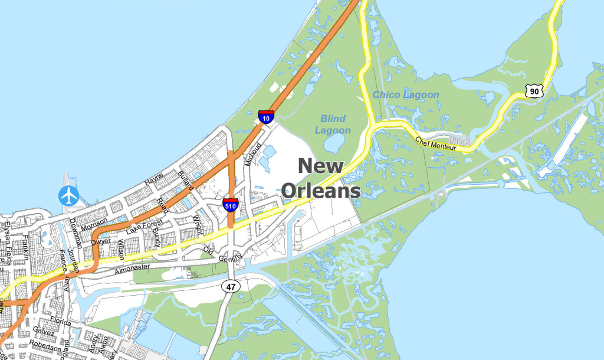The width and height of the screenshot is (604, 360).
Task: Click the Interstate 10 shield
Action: (266, 116)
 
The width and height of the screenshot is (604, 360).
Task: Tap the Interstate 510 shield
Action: (231, 205)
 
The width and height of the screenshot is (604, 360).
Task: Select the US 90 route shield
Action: (535, 91)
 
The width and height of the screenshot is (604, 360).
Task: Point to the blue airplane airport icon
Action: (70, 196)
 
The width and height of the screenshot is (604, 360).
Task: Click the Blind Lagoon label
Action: (333, 125)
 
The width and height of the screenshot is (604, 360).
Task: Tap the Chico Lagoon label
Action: (406, 94)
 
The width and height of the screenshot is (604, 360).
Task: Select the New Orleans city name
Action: (321, 178)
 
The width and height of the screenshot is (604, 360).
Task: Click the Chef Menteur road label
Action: (436, 143)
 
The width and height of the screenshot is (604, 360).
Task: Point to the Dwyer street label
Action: (101, 240)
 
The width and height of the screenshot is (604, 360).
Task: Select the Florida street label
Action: (60, 320)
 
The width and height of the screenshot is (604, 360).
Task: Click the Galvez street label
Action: (44, 332)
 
